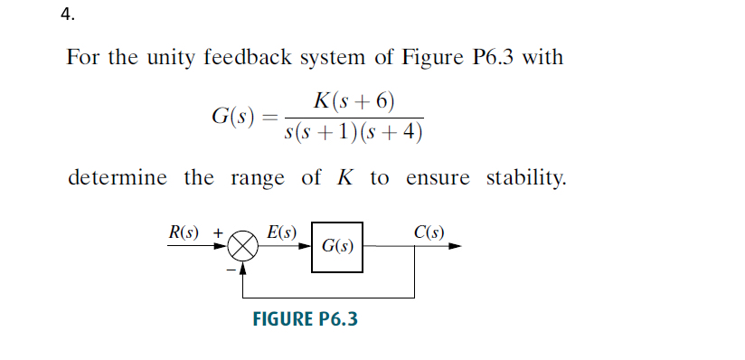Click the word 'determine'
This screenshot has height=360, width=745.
(x=118, y=177)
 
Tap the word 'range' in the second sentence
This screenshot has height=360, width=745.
(x=257, y=177)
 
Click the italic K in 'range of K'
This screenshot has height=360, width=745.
(x=344, y=177)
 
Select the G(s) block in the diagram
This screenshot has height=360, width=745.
(x=338, y=246)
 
